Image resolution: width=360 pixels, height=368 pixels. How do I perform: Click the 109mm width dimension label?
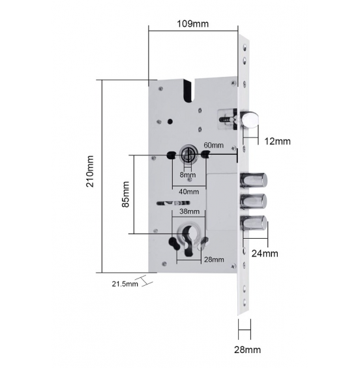point(192,23)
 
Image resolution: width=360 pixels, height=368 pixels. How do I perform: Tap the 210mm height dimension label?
point(90,171)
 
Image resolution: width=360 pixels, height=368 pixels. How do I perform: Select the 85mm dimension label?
point(125,194)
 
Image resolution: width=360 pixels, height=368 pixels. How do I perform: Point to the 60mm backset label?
point(213,146)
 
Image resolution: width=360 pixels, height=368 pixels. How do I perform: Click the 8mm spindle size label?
point(188,175)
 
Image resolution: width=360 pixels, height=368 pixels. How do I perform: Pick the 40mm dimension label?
point(188,192)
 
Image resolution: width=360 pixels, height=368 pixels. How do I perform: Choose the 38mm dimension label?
point(190,211)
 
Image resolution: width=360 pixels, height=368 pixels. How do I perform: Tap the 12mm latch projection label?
point(277,142)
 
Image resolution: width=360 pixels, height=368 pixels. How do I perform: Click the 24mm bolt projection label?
point(265,253)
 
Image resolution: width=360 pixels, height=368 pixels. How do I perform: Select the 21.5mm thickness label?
point(125,284)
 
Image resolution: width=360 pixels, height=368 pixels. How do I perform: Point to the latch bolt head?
point(249,119)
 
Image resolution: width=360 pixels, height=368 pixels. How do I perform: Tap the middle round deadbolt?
point(253,202)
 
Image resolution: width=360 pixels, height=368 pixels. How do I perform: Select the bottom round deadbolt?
point(253,223)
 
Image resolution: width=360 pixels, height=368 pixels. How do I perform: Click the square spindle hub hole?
point(188,155)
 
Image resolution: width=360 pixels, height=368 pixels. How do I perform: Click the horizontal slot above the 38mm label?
point(173,203)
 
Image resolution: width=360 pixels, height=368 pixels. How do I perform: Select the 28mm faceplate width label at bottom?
point(247,350)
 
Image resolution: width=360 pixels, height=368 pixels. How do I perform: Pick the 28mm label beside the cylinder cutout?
point(214,260)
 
